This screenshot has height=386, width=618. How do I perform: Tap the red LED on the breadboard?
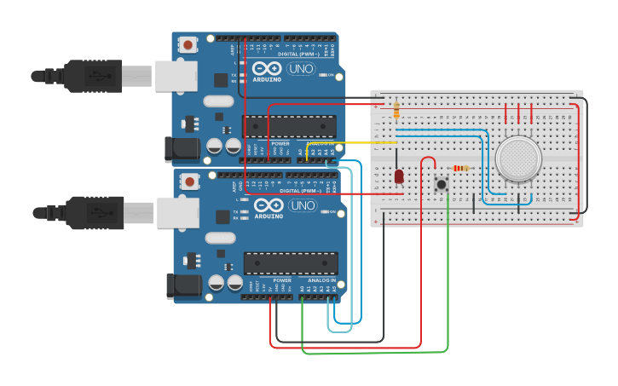tap(399, 176)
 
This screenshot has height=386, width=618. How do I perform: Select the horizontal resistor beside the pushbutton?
tap(460, 168)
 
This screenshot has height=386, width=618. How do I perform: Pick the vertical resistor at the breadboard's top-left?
tap(396, 110)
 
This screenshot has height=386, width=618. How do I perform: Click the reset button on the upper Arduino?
tap(187, 44)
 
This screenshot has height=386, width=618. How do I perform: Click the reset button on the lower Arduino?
tap(188, 181)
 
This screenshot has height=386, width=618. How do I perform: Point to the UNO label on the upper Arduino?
tap(301, 68)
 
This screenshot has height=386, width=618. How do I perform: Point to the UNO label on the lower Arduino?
tap(303, 205)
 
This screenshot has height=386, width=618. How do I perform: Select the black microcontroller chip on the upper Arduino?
tap(289, 126)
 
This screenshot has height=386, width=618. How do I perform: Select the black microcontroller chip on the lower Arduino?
tap(291, 263)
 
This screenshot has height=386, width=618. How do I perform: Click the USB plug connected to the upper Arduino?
tap(94, 76)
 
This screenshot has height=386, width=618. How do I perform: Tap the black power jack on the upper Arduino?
tap(183, 151)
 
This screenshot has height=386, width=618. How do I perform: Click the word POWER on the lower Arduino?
tap(282, 280)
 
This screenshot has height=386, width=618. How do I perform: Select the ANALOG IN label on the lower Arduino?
tap(322, 280)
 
